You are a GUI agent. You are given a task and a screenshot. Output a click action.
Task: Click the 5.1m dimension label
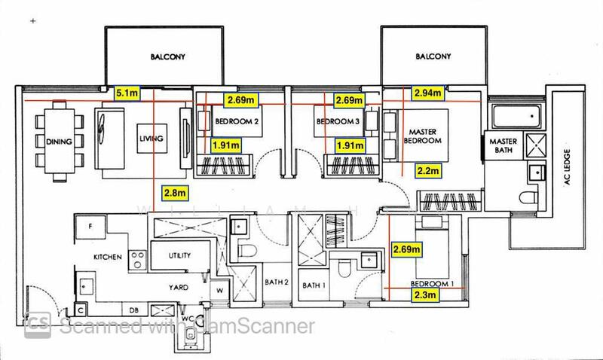click(127, 94)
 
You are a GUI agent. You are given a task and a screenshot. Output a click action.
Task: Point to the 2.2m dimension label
click(427, 172)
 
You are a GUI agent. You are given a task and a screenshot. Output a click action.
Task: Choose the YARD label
click(179, 288)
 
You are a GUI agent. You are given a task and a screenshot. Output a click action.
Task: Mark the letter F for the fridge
click(90, 226)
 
